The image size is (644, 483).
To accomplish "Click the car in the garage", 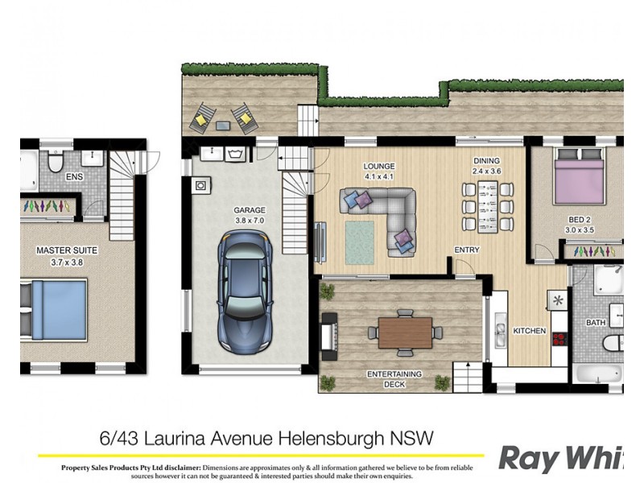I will tap(245, 291).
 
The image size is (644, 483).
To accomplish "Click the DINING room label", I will tap(485, 160).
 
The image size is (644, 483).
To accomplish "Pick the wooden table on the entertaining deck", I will tap(405, 330).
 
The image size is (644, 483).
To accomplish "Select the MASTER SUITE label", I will tap(61, 250).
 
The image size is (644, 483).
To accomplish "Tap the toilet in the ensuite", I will tap(56, 163).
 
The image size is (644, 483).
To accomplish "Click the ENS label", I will tap(73, 175).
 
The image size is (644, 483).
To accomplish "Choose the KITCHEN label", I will tap(530, 331).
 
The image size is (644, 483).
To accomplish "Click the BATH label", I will tap(596, 323).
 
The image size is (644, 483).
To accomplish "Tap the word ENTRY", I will tap(467, 250).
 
